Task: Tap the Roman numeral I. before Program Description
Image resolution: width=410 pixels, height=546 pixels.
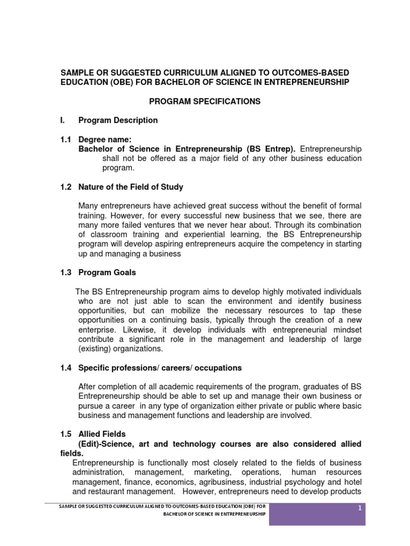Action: [62, 121]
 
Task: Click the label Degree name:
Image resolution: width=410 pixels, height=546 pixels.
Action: [105, 139]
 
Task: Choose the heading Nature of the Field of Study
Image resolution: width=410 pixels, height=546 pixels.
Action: [131, 187]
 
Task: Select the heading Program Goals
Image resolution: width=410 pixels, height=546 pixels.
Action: [107, 272]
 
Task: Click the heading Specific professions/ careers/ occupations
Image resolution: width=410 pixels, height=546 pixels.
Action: [160, 368]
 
